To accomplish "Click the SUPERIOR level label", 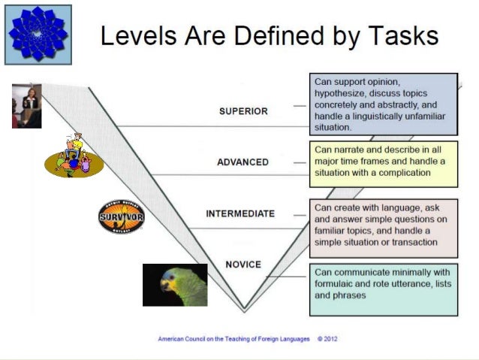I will (x=243, y=112).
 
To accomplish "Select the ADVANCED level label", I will (x=243, y=162).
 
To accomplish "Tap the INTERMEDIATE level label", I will (x=240, y=213).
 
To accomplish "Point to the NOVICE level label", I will (x=243, y=265).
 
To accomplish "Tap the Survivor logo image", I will (x=121, y=217).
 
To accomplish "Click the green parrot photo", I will (x=175, y=285).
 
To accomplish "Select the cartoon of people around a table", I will (x=74, y=155).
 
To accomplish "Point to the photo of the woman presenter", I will (x=26, y=105).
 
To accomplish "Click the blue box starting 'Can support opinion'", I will (x=383, y=102).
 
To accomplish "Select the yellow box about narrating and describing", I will (x=383, y=163).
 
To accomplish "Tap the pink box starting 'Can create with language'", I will (x=383, y=228).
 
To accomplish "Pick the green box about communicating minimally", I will (x=383, y=289).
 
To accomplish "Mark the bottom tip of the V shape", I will (x=244, y=309).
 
